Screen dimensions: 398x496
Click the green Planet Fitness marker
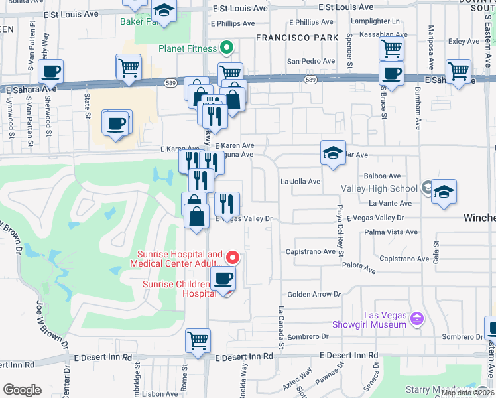[226, 48]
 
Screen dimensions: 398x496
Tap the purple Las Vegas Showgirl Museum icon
[417, 319]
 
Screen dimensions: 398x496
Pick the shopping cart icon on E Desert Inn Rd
[198, 340]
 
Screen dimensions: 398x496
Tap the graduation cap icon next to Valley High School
[444, 192]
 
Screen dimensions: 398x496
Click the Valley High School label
[379, 188]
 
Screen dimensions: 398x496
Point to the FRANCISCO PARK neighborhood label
[296, 38]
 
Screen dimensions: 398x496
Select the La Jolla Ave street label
[300, 181]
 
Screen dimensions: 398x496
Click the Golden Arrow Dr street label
[313, 294]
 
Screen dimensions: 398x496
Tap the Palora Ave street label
[360, 271]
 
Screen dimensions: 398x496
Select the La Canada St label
[281, 327]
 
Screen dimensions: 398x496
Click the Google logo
[22, 390]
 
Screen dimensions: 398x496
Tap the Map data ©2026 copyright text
[467, 393]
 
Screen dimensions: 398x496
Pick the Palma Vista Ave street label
[391, 232]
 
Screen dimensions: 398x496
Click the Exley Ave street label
[464, 41]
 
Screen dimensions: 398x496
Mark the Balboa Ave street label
[383, 176]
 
